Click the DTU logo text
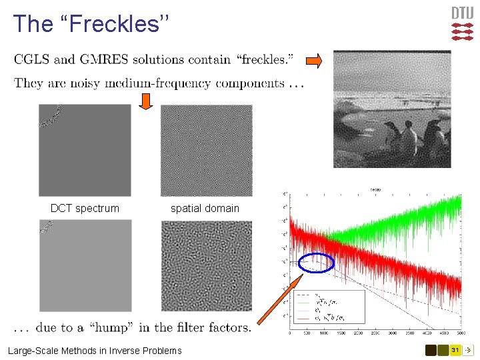463,13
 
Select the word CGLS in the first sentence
33,59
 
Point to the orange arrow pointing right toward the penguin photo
314,61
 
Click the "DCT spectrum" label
85,208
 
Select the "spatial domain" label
205,208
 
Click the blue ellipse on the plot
316,264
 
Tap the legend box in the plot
329,309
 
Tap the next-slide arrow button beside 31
469,350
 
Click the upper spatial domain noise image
206,150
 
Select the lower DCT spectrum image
85,265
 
